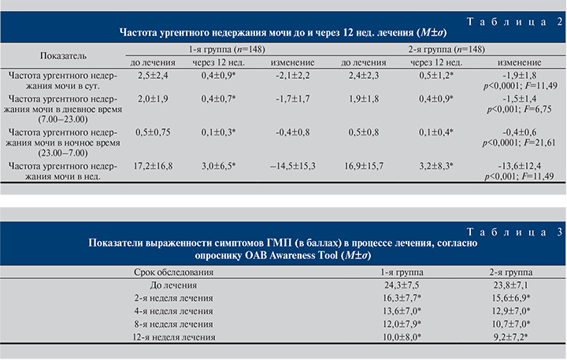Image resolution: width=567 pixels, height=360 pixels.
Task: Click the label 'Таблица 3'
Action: pos(523,232)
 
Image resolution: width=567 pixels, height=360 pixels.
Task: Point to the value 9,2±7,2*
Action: pos(509,336)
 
